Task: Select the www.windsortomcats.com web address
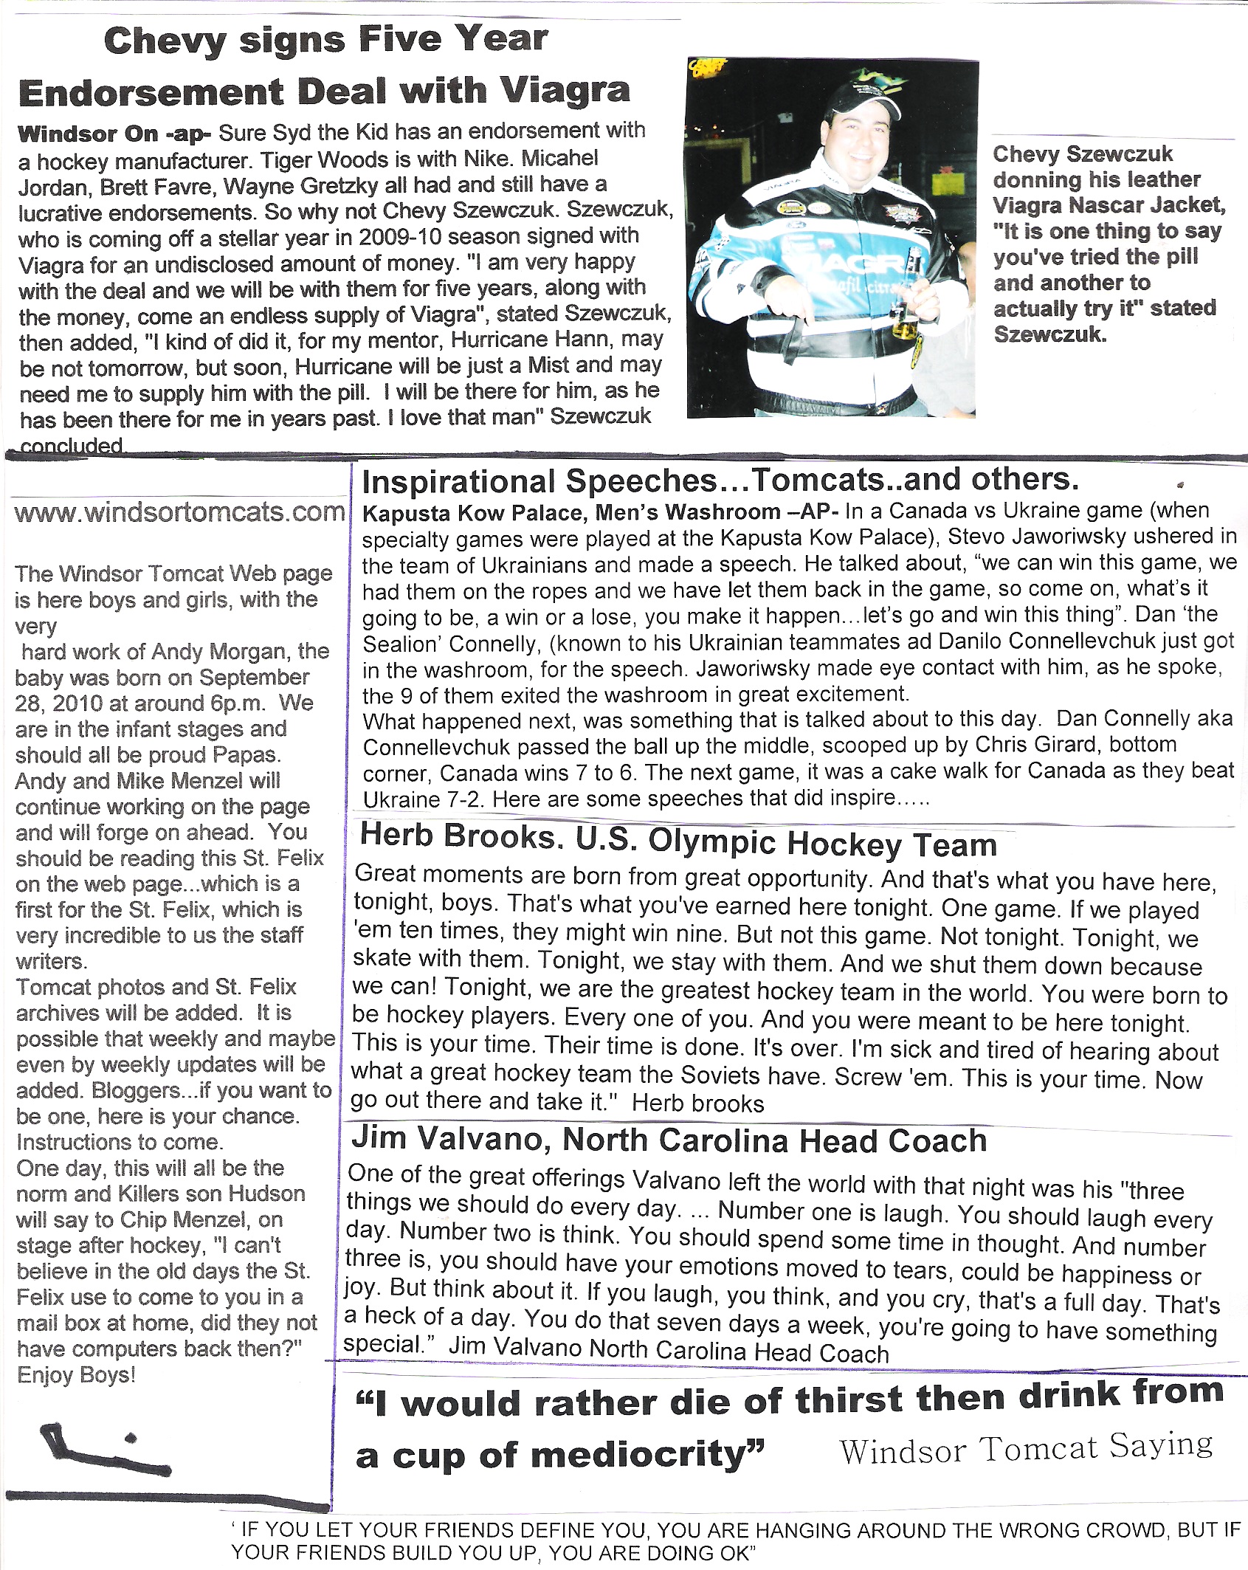(x=179, y=512)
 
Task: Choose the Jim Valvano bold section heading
(x=669, y=1140)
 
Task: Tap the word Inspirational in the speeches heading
(x=460, y=482)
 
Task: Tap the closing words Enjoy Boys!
(x=76, y=1375)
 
